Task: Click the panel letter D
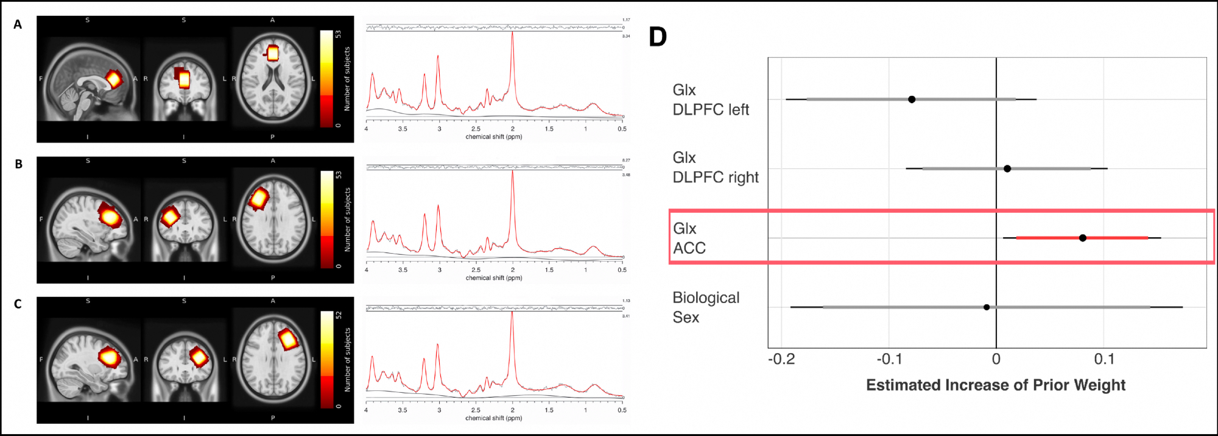(x=658, y=37)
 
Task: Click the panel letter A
(x=18, y=24)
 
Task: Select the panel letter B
(x=18, y=164)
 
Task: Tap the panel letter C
(x=18, y=304)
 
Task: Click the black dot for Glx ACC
(x=1082, y=238)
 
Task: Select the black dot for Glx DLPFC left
(x=912, y=99)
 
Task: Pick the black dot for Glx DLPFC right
(x=1007, y=168)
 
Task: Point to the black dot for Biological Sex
(x=987, y=307)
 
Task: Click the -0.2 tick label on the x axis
(x=781, y=359)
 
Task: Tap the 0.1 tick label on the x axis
(x=1104, y=359)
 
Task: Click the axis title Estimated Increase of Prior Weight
(x=996, y=385)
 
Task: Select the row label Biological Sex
(x=705, y=307)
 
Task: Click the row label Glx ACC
(x=689, y=238)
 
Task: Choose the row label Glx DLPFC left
(x=710, y=99)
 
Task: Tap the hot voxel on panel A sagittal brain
(x=113, y=79)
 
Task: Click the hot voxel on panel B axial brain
(x=259, y=199)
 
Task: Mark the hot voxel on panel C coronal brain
(x=198, y=357)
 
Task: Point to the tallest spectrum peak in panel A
(x=512, y=34)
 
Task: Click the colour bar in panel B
(x=327, y=219)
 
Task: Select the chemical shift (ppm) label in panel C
(x=493, y=418)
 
